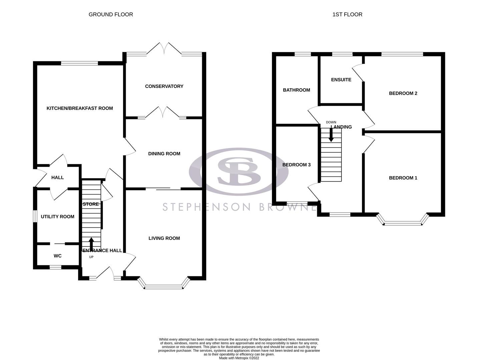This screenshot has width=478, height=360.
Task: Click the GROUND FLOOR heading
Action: pos(111,14)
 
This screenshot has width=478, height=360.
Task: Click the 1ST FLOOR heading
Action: pos(347,14)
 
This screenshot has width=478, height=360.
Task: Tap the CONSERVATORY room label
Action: pos(164,86)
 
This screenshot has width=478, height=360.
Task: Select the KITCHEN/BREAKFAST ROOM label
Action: pos(80,108)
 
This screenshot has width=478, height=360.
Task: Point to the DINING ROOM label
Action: pos(164,154)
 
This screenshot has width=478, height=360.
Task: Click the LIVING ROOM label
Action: pos(164,238)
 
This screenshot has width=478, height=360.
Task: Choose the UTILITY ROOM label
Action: pos(57,217)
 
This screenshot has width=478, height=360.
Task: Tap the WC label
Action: pos(58,256)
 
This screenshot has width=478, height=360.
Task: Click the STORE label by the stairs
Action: pos(91,204)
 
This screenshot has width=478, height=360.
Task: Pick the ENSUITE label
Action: pos(341,80)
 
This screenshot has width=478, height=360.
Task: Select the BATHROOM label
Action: pos(296,90)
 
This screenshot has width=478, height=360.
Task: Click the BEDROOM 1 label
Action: pos(403,178)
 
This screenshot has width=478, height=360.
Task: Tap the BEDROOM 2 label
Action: pos(403,93)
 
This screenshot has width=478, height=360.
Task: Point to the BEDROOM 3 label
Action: pos(296,165)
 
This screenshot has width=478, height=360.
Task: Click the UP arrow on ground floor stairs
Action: pos(91,243)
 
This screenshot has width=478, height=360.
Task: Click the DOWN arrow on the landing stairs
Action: pos(331,135)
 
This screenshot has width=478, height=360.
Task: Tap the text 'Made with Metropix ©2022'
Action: pos(239,358)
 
